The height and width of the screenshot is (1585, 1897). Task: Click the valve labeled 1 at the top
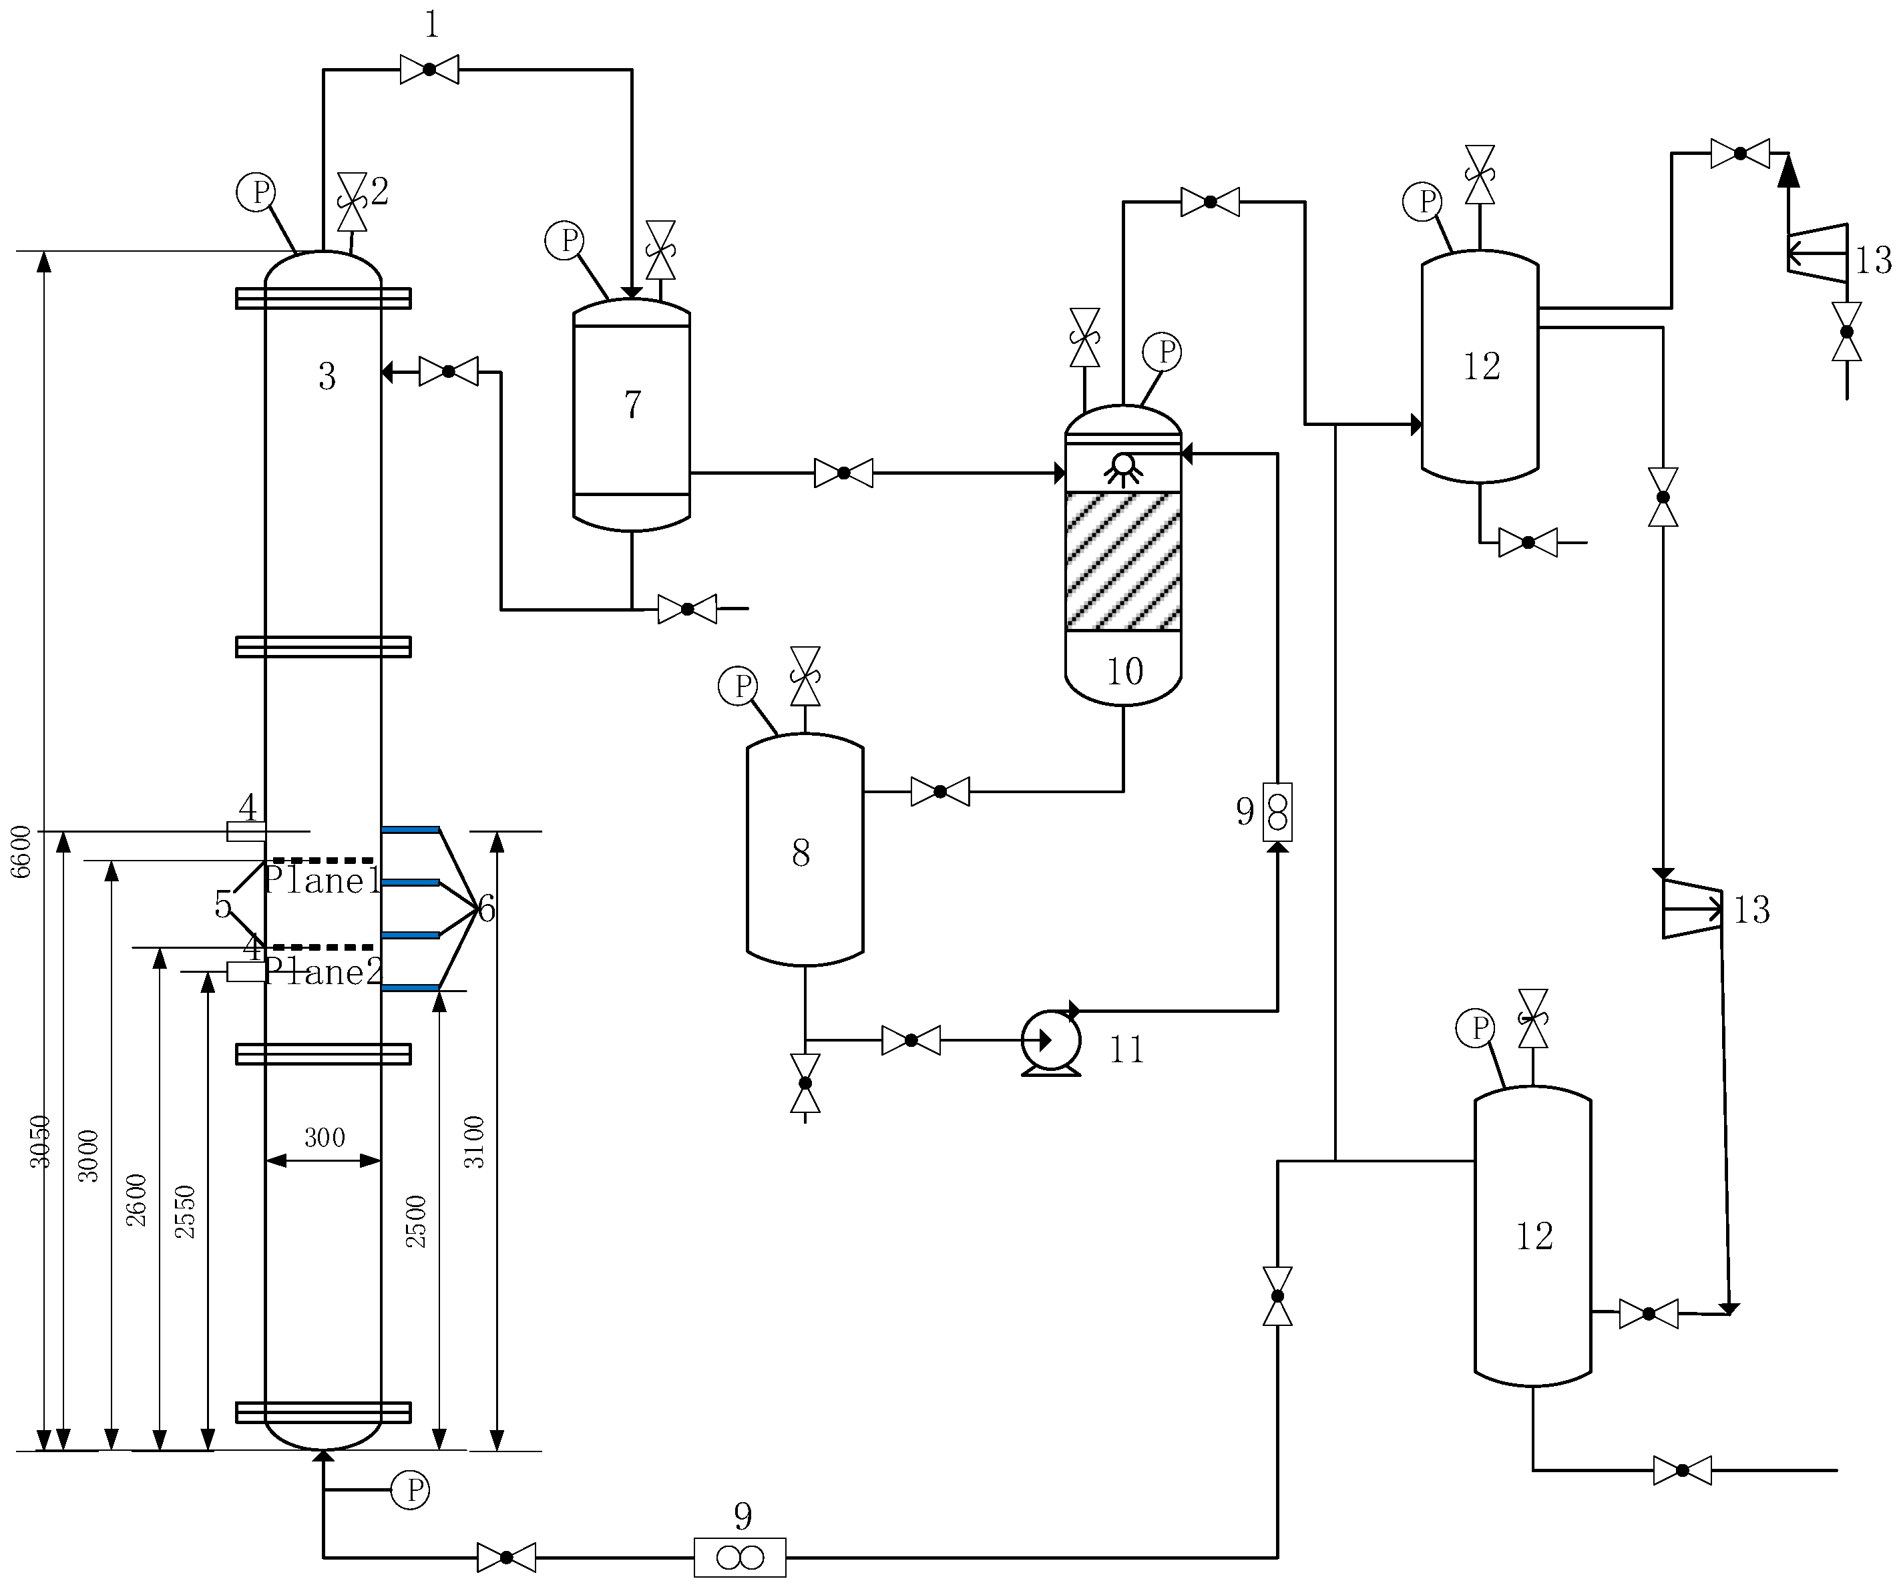pyautogui.click(x=429, y=69)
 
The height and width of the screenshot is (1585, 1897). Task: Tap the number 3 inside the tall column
pyautogui.click(x=327, y=377)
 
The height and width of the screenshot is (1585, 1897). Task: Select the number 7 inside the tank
pyautogui.click(x=632, y=405)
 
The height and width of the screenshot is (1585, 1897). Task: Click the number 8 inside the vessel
pyautogui.click(x=801, y=853)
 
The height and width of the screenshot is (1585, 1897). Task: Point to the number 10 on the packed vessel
pyautogui.click(x=1124, y=671)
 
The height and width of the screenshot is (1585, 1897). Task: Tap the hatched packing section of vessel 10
pyautogui.click(x=1123, y=561)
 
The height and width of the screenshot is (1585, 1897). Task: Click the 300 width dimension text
pyautogui.click(x=325, y=1137)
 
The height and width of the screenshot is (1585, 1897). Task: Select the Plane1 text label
pyautogui.click(x=323, y=881)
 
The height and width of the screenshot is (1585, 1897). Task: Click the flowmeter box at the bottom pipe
pyautogui.click(x=740, y=1556)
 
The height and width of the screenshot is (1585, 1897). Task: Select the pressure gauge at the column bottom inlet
pyautogui.click(x=409, y=1490)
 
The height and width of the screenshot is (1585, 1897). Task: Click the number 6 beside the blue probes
pyautogui.click(x=487, y=909)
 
